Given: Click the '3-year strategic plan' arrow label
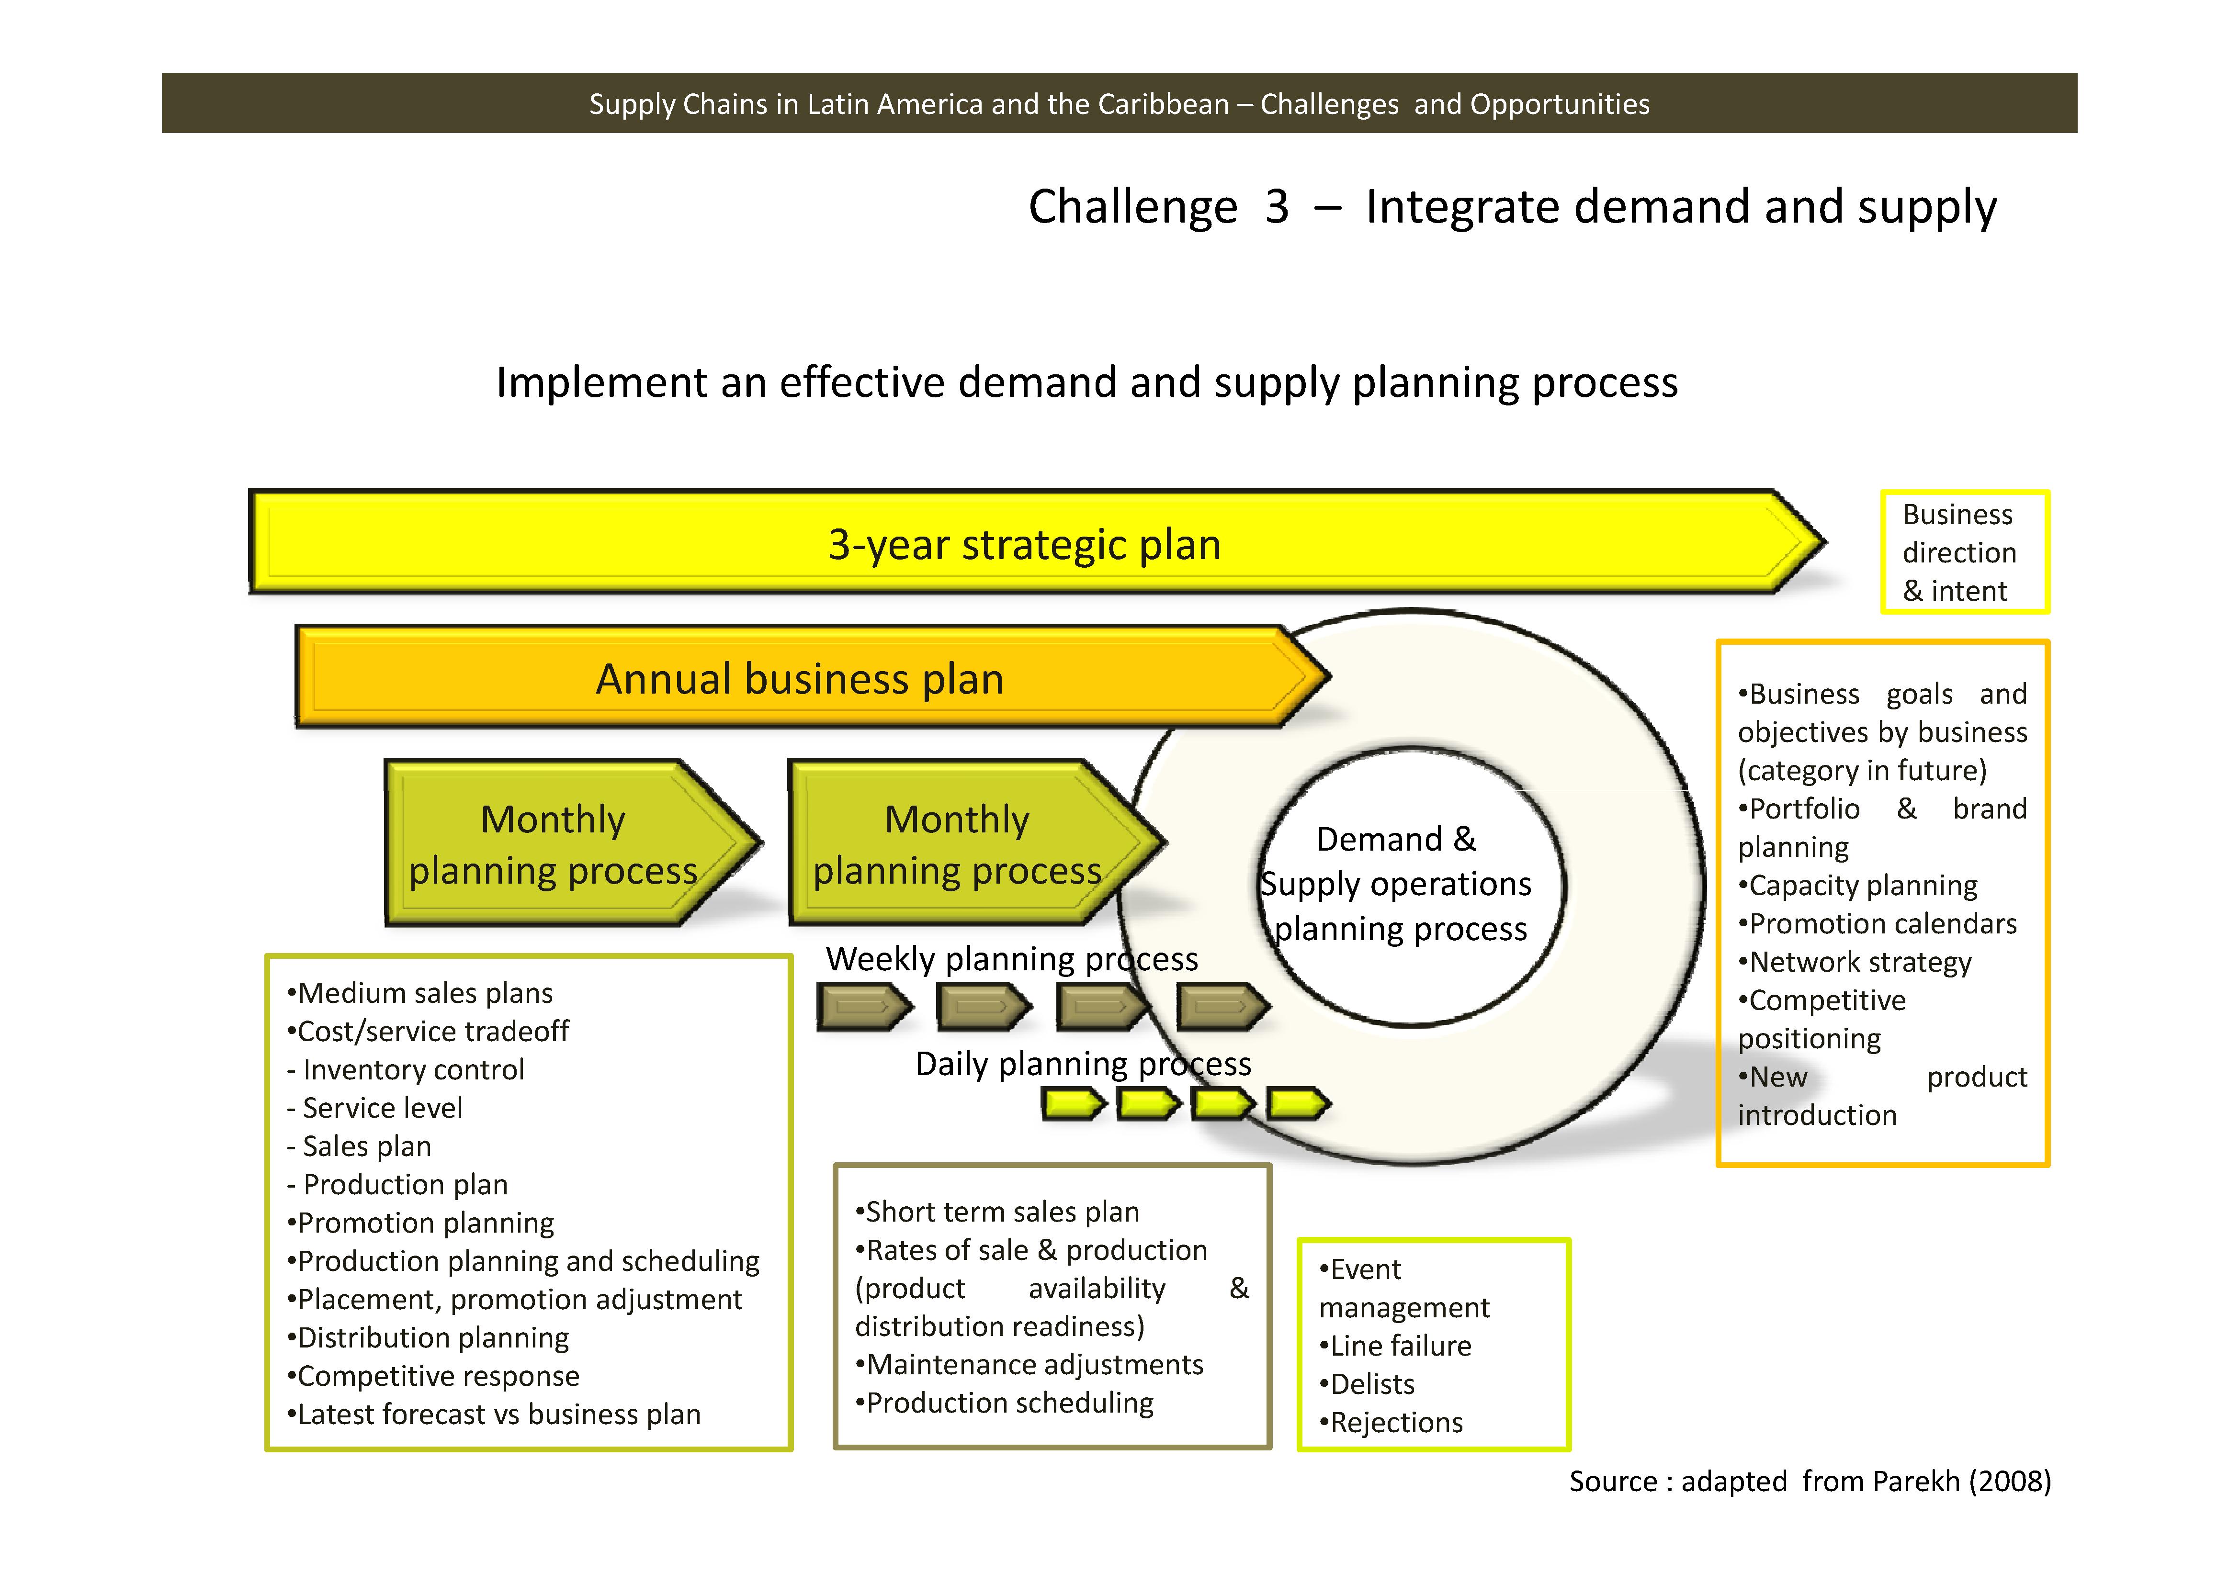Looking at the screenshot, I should pyautogui.click(x=1024, y=544).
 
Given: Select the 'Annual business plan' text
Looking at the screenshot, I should pyautogui.click(x=800, y=679).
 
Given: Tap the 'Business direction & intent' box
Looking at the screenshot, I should pyautogui.click(x=1964, y=552).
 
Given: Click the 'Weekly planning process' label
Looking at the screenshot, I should pyautogui.click(x=1012, y=959).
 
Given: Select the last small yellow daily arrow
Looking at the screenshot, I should pyautogui.click(x=1297, y=1104).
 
